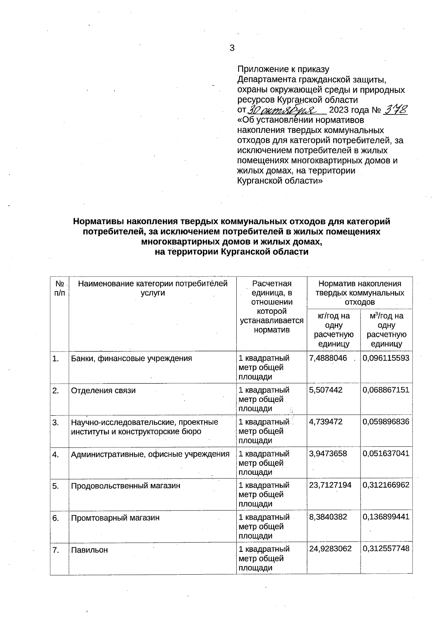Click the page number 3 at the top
pos(232,48)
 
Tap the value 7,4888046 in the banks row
pos(328,358)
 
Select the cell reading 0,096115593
pos(386,358)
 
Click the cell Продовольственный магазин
pos(125,486)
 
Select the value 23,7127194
pos(330,485)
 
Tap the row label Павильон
pos(89,550)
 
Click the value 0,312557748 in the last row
pos(386,549)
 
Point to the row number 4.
pos(56,454)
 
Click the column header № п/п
pos(59,288)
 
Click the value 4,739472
pos(326,422)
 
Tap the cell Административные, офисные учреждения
pos(150,454)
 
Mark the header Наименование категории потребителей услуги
pos(153,288)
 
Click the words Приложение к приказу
pos(283,69)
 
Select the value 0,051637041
pos(386,454)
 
